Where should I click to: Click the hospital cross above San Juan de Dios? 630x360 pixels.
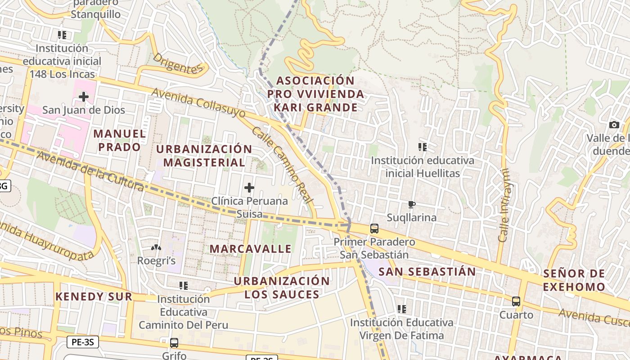(x=83, y=96)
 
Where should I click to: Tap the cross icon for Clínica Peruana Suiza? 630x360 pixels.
(x=249, y=187)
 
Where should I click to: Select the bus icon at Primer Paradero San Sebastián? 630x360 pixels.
(x=374, y=228)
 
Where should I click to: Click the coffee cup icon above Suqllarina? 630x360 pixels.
(x=411, y=205)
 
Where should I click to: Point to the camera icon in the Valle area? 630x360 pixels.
(x=614, y=125)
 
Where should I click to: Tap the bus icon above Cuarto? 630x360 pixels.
(x=516, y=301)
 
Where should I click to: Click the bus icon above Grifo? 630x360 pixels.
(x=174, y=342)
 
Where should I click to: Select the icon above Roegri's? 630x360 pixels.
(x=156, y=247)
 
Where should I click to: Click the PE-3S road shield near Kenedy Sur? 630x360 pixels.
(x=83, y=342)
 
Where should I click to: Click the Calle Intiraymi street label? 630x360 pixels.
(x=504, y=205)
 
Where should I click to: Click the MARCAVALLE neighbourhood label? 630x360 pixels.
(x=251, y=248)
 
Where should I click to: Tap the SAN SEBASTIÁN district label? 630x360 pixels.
(x=427, y=271)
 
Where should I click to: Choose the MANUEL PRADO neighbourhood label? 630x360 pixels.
(x=120, y=140)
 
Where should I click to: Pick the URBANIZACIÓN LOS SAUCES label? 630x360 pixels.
(x=282, y=288)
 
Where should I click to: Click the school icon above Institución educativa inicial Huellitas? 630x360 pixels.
(x=422, y=147)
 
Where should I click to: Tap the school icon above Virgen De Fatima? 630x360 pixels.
(x=402, y=309)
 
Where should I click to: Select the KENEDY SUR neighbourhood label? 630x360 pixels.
(x=94, y=296)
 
